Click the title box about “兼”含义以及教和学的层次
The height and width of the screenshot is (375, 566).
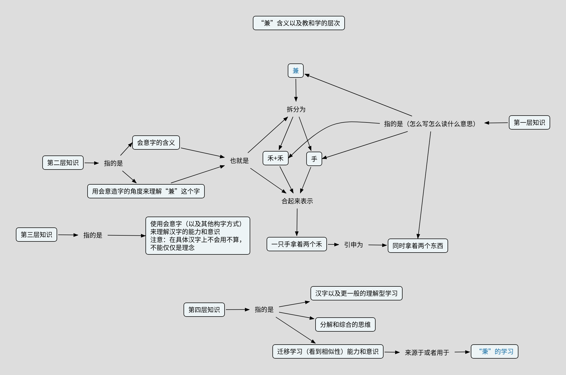click(x=299, y=23)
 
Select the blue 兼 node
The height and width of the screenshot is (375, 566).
click(x=296, y=71)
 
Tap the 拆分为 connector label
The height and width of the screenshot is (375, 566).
click(x=296, y=109)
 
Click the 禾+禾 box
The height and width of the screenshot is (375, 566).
click(x=276, y=158)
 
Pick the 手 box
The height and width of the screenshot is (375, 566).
click(x=314, y=159)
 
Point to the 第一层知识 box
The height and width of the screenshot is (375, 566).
click(x=530, y=122)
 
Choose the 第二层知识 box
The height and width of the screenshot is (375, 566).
click(x=63, y=163)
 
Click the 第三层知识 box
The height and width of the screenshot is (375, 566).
click(x=36, y=235)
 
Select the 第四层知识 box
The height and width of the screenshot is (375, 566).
click(x=204, y=310)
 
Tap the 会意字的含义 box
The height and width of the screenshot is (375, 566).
click(x=156, y=143)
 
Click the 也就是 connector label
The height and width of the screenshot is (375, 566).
click(x=239, y=161)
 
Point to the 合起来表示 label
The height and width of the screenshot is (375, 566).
click(x=297, y=201)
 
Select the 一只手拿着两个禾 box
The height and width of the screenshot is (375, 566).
click(x=297, y=244)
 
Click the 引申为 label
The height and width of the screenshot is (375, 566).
click(x=353, y=245)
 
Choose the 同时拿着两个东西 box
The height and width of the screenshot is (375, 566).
click(x=418, y=246)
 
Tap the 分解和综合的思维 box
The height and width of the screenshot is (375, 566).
click(x=345, y=324)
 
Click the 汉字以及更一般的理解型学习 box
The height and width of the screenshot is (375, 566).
click(x=357, y=293)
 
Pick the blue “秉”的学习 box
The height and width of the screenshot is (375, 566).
click(x=495, y=351)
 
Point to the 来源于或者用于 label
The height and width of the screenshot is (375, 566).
click(x=427, y=353)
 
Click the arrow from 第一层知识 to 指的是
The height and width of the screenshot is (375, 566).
click(x=496, y=123)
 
